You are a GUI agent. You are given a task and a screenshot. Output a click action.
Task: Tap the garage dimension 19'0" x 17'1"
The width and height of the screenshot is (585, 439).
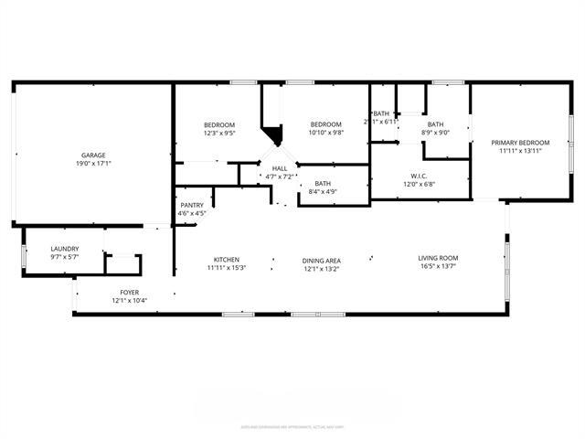coord(92,166)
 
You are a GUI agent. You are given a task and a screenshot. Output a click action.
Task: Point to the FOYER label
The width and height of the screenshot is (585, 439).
coord(129,292)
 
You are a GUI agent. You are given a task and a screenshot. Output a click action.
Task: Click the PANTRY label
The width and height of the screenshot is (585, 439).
coord(192,205)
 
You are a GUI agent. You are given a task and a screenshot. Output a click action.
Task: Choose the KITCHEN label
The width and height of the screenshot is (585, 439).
coord(226,259)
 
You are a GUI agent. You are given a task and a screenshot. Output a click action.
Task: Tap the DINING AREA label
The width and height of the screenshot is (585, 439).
coord(321,259)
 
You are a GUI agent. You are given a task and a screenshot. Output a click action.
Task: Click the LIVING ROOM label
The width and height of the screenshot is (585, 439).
coord(438,259)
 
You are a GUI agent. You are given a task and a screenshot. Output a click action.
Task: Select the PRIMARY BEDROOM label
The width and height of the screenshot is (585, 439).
coord(520,143)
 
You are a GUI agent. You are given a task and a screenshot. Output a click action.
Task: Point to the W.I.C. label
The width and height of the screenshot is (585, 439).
coord(420,176)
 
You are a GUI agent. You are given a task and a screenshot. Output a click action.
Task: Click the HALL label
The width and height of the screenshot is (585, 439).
coord(279,168)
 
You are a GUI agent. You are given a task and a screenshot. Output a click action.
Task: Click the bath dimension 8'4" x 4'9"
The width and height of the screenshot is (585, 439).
coord(323,192)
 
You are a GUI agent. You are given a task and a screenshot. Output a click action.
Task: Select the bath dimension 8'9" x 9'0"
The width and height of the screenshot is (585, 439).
coord(435,134)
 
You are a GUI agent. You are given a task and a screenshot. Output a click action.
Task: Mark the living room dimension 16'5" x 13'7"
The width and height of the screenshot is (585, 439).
coord(438,268)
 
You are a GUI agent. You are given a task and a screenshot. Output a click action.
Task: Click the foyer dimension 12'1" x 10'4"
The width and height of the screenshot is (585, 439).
coord(129,301)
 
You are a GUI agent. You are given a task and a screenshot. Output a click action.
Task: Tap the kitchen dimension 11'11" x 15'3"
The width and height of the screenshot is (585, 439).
coord(226,268)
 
